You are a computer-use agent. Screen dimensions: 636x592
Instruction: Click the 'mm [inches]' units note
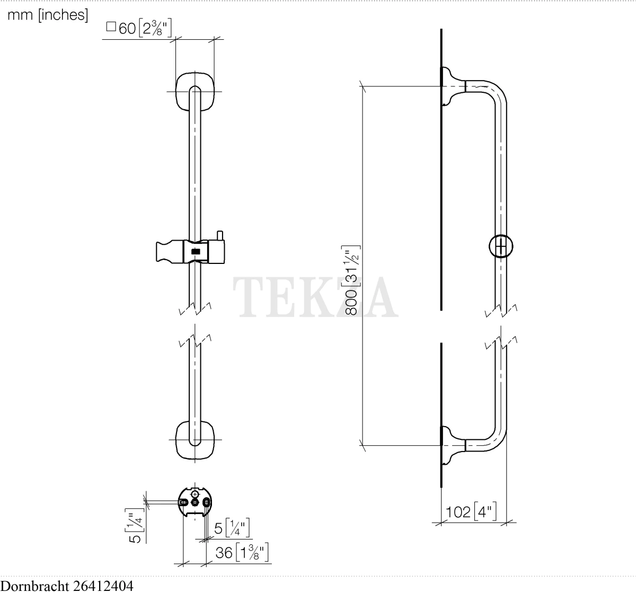click(48, 15)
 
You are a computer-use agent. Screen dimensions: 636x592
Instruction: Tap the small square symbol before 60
click(111, 26)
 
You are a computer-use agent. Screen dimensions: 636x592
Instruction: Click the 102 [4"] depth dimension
click(471, 512)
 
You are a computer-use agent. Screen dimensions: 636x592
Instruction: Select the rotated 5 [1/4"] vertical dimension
click(135, 526)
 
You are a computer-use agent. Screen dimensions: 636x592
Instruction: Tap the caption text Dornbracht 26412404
click(67, 586)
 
